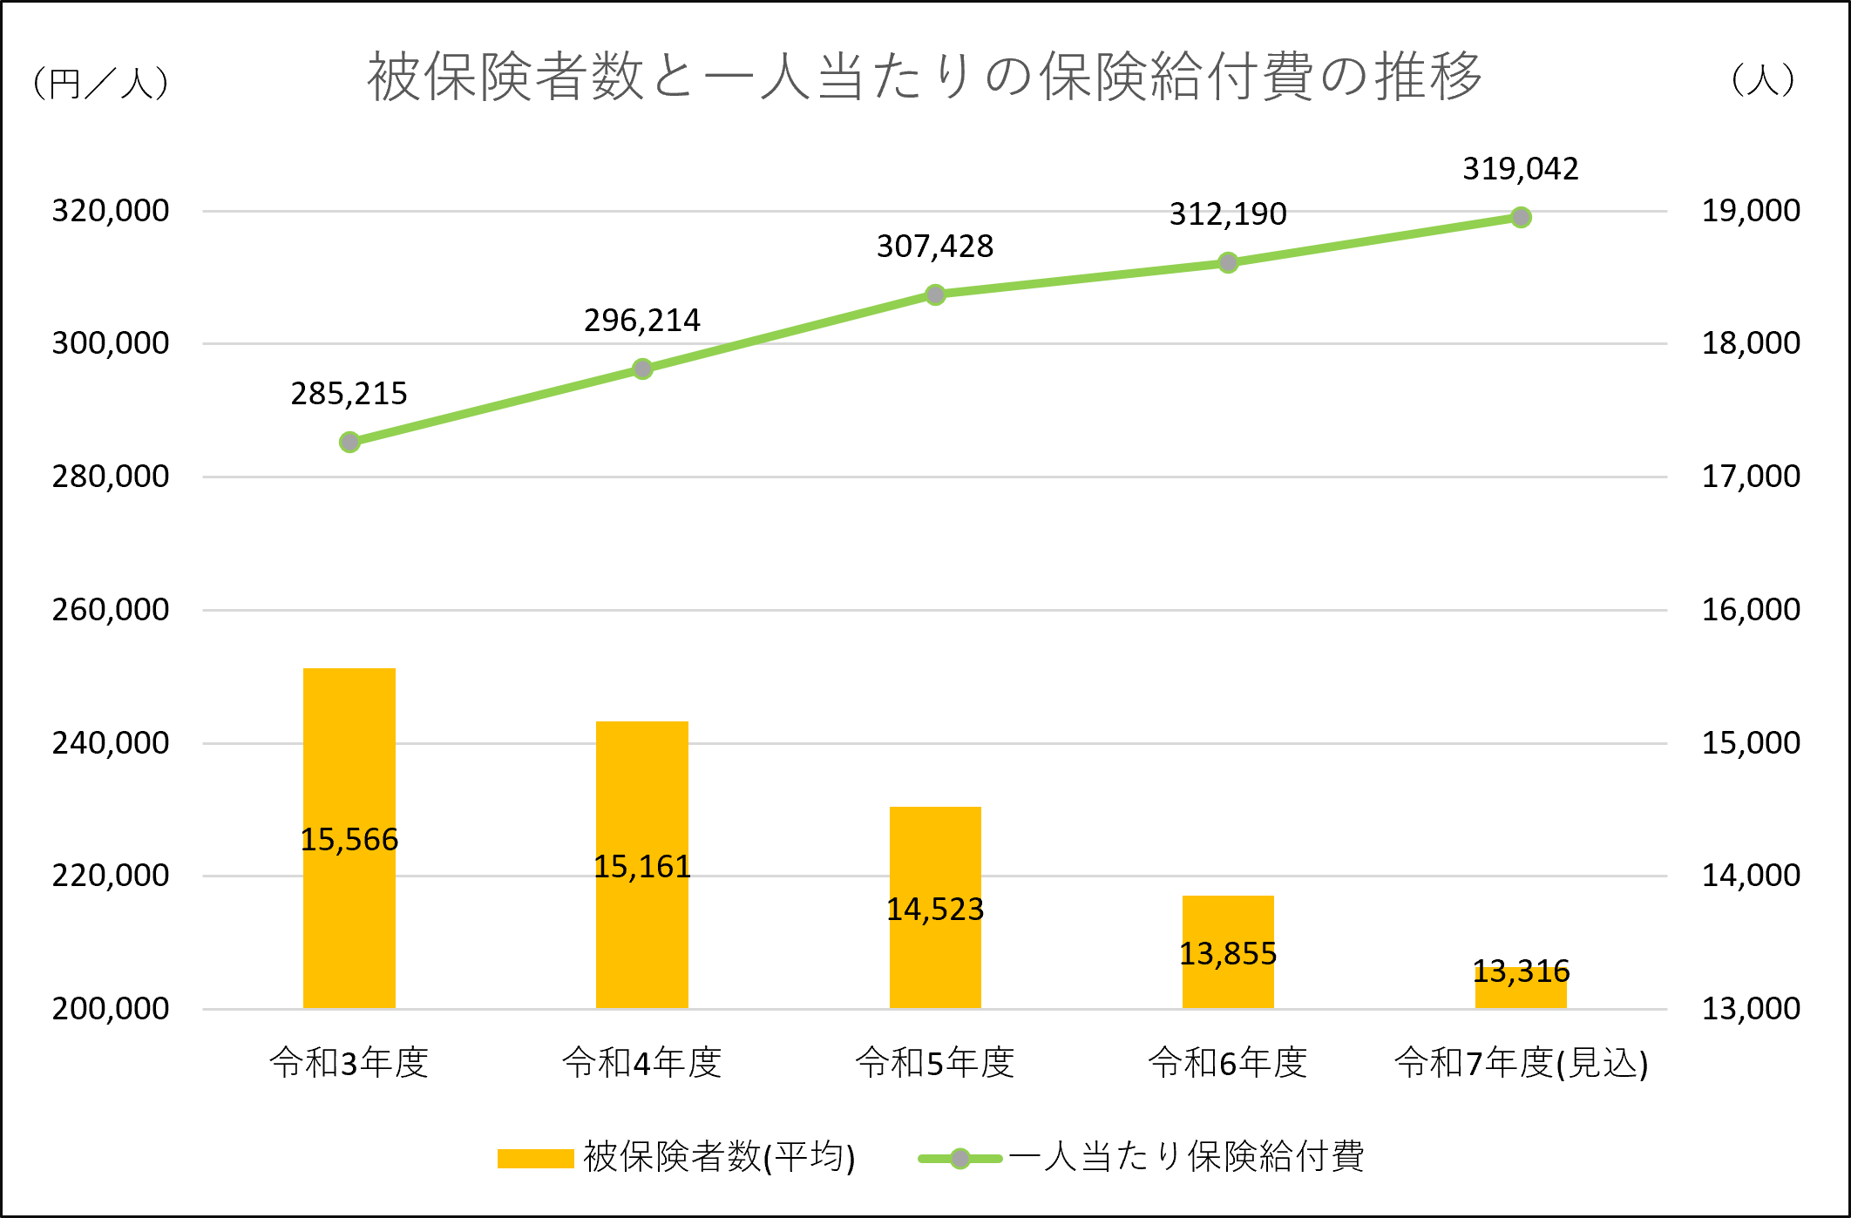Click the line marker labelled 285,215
[349, 443]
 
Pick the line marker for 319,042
[1521, 218]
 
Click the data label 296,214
[642, 321]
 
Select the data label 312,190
[1228, 214]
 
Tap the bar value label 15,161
[642, 867]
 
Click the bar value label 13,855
[1228, 954]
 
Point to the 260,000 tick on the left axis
[111, 610]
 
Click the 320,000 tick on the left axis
[111, 211]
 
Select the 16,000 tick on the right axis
[1751, 610]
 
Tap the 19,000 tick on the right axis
[1751, 211]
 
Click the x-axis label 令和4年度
[642, 1063]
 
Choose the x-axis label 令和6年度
[1228, 1063]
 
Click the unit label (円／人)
[100, 84]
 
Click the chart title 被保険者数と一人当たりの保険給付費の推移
[925, 77]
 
